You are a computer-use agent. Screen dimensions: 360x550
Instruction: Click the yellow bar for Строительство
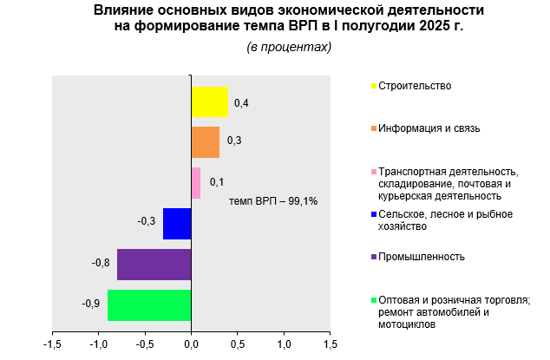click(209, 101)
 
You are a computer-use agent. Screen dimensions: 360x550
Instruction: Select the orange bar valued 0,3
click(205, 142)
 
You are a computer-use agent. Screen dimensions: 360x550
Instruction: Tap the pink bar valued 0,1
click(196, 183)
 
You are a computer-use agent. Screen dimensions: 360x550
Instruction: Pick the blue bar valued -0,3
click(177, 223)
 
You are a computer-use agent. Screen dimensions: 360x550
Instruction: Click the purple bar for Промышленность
click(154, 264)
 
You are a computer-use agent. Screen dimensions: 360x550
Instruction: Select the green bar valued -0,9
click(149, 304)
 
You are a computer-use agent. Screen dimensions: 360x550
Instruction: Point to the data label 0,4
click(241, 104)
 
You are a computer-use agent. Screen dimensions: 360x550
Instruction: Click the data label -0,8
click(101, 263)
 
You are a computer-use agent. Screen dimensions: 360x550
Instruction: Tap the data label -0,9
click(91, 304)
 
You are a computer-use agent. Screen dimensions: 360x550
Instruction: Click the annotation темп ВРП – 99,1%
click(273, 201)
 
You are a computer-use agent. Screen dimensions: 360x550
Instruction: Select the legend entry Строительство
click(415, 86)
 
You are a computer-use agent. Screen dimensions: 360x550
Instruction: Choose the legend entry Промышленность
click(422, 257)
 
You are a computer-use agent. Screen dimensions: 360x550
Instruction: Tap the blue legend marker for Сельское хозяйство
click(373, 214)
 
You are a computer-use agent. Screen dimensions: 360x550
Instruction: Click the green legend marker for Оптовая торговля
click(373, 300)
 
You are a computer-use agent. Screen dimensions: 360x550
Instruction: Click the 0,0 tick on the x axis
click(191, 344)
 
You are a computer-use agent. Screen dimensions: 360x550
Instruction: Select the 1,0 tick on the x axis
click(284, 344)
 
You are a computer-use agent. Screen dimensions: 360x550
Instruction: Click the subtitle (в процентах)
click(289, 47)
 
